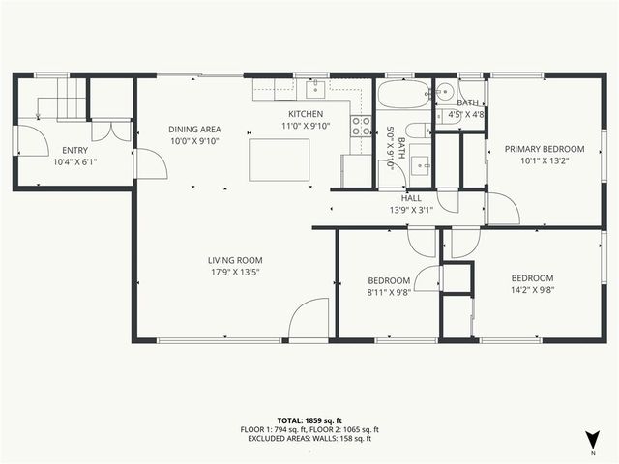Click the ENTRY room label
(74, 150)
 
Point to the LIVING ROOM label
(235, 260)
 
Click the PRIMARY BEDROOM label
(545, 149)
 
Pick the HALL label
(411, 197)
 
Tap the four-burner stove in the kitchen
(361, 125)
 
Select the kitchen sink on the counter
(315, 91)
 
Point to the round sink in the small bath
(445, 93)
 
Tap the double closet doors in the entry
(112, 130)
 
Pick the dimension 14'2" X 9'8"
(532, 288)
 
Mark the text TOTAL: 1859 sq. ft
(309, 420)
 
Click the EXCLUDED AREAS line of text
(309, 439)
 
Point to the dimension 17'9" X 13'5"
(235, 273)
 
